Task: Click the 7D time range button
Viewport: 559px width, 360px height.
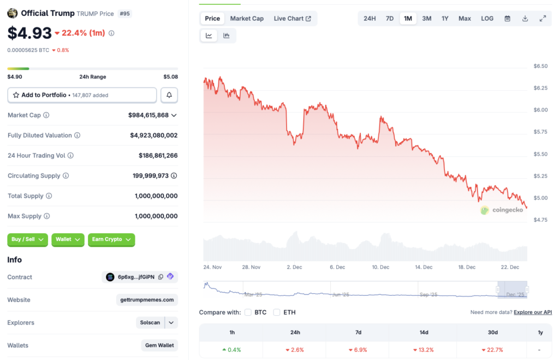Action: click(390, 19)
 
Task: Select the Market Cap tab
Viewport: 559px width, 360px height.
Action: click(247, 19)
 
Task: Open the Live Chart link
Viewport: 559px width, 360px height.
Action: click(292, 19)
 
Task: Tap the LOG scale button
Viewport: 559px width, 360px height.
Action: click(487, 19)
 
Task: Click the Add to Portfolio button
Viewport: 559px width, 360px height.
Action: click(82, 95)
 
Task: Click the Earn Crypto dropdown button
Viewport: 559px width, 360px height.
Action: click(111, 239)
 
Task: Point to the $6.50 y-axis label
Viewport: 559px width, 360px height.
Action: click(540, 66)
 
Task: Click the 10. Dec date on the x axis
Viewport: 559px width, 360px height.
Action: click(380, 267)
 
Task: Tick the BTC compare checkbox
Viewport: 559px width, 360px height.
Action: click(248, 312)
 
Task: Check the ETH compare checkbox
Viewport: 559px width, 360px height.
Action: click(277, 312)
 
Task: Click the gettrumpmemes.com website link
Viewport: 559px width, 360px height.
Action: click(147, 300)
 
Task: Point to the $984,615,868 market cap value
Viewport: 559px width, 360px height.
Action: click(148, 115)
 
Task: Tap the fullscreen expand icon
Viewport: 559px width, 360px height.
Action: click(543, 19)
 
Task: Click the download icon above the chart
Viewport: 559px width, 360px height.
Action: click(525, 19)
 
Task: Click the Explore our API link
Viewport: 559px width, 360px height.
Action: click(533, 312)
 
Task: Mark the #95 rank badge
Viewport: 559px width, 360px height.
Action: click(124, 14)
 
